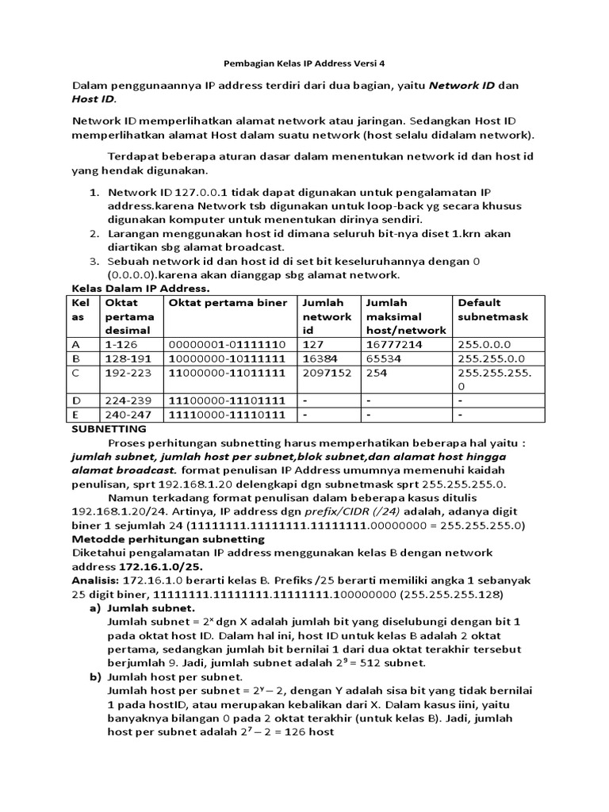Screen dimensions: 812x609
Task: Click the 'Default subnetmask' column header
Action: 492,309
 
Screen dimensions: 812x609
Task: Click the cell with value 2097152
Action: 326,371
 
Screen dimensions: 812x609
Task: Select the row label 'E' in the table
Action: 76,414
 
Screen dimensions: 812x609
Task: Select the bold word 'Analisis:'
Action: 96,580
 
